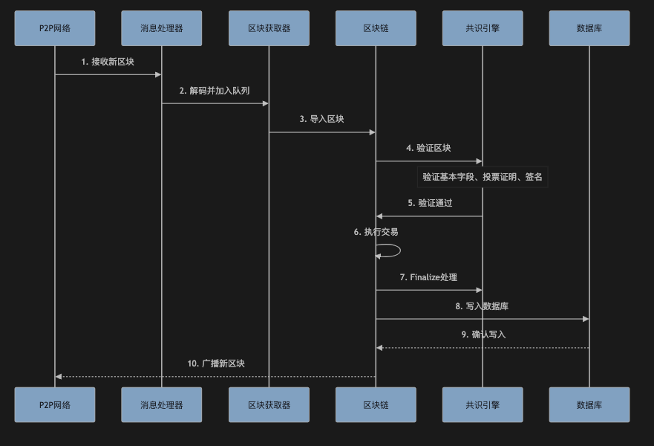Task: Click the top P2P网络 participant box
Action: tap(55, 28)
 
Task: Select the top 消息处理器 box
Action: tap(162, 28)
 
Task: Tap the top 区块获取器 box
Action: tap(269, 28)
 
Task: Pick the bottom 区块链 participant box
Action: tap(376, 404)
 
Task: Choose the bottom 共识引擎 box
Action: tap(483, 404)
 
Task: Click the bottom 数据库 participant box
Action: tap(589, 404)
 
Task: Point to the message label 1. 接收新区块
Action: tap(108, 62)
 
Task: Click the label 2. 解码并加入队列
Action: tap(215, 91)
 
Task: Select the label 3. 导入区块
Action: tap(321, 119)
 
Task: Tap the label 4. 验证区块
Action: tap(428, 148)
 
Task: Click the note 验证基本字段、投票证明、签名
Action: tap(483, 177)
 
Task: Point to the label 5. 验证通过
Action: tap(430, 203)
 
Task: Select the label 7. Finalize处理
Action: tap(428, 277)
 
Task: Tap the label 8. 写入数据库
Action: tap(482, 306)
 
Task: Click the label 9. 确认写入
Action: tap(483, 334)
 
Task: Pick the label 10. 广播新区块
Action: tap(216, 363)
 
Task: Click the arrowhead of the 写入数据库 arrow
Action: tap(586, 319)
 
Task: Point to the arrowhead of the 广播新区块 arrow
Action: tap(59, 376)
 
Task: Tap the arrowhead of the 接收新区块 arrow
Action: tap(158, 74)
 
